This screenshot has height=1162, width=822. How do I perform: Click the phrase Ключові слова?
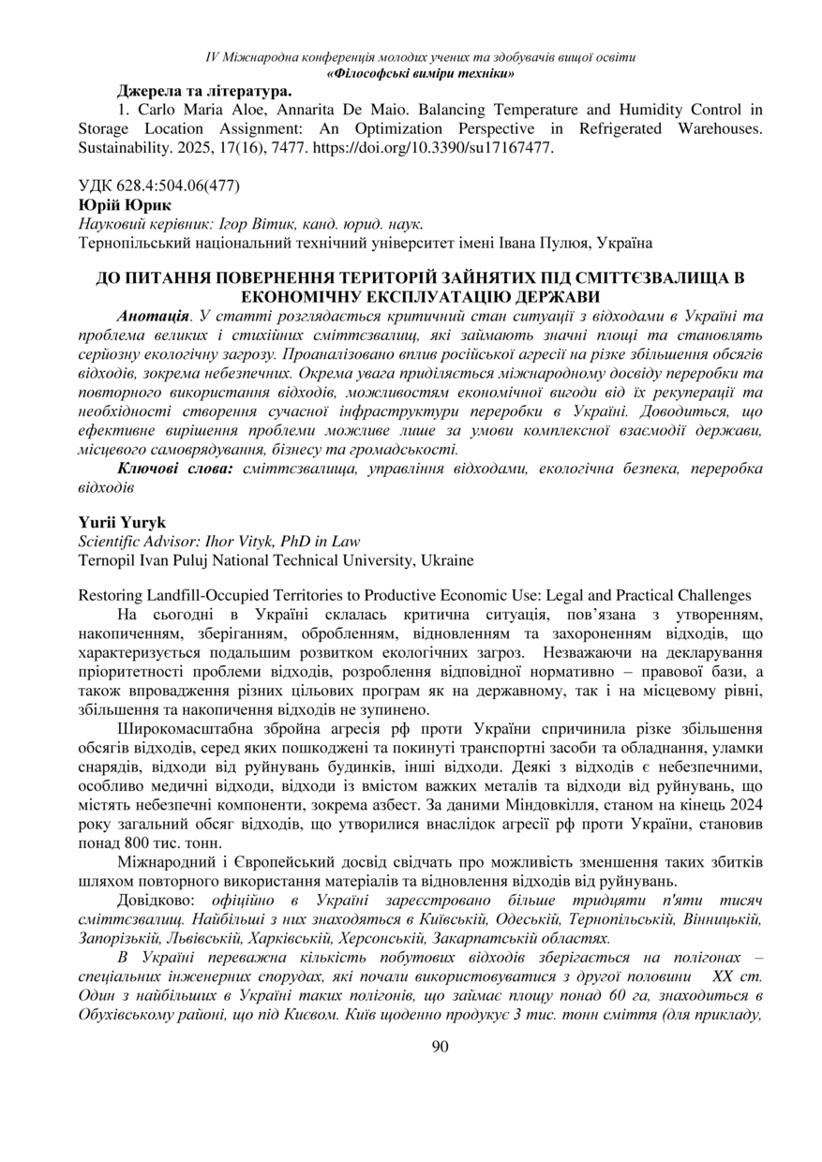click(175, 469)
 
